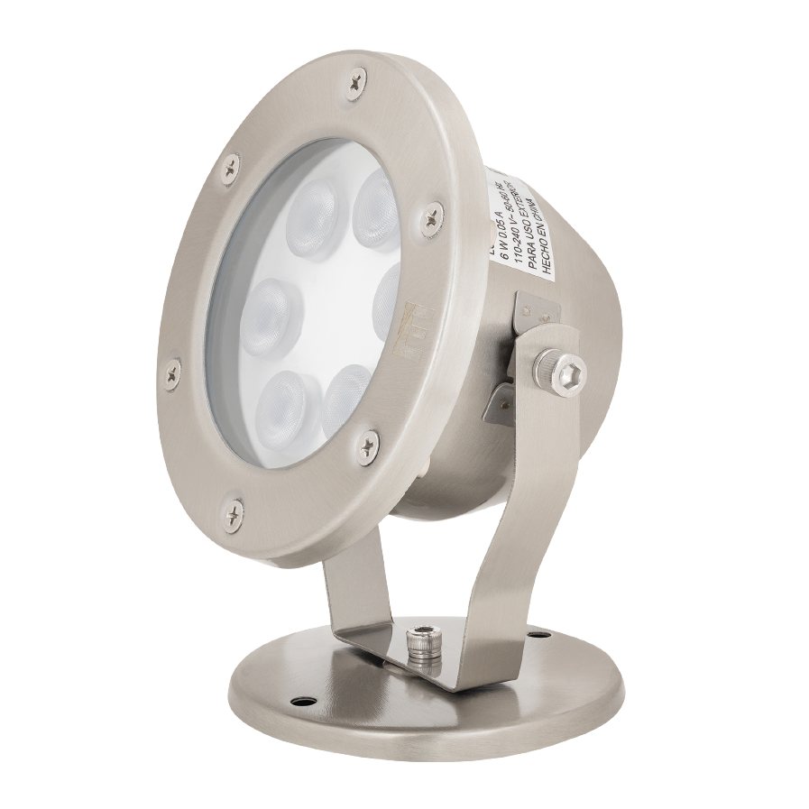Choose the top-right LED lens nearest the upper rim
pyautogui.click(x=373, y=207)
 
